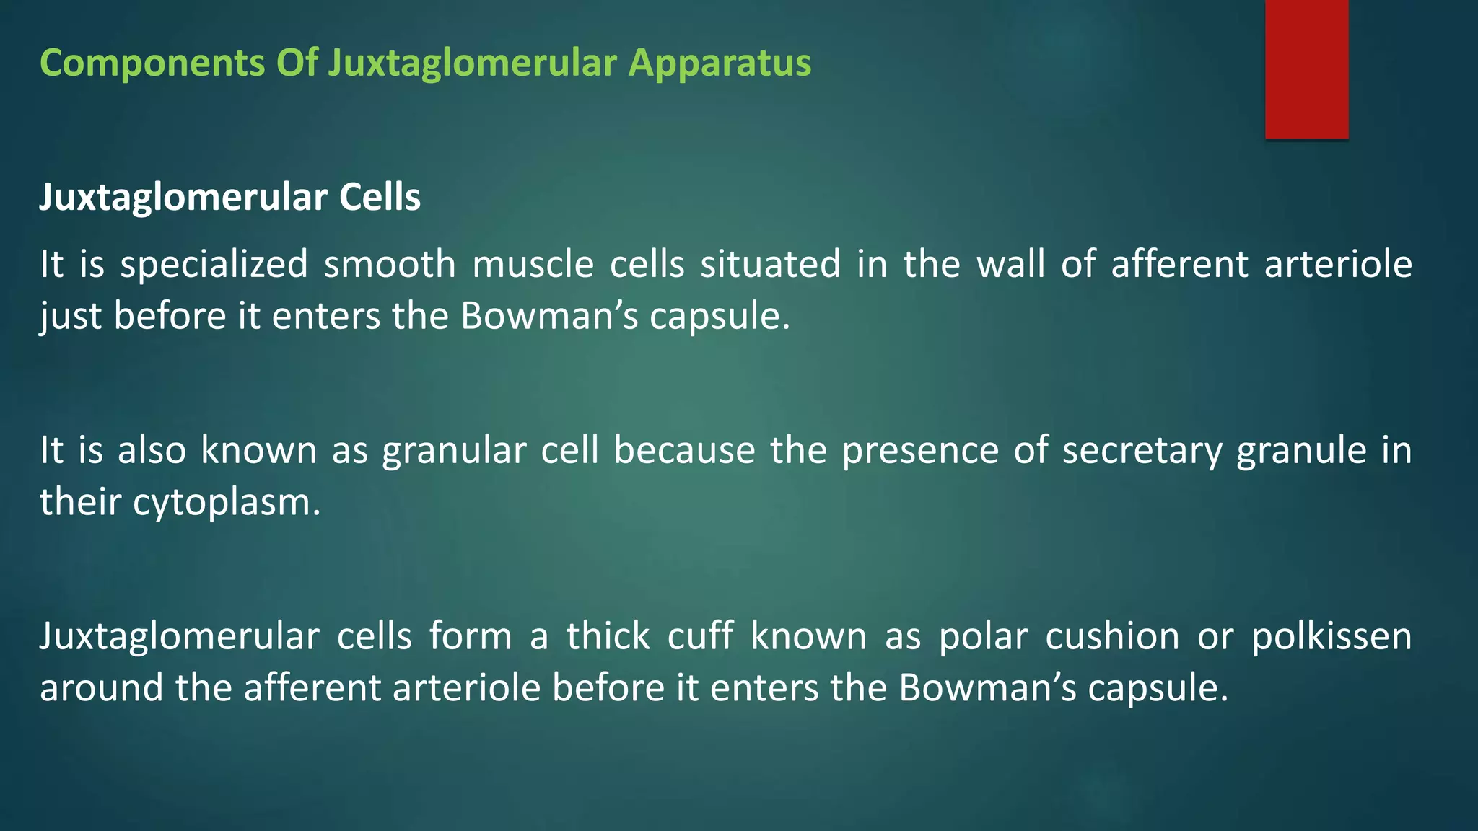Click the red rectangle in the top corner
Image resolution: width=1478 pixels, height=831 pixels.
coord(1306,69)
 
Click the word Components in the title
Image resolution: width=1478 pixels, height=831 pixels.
coord(152,63)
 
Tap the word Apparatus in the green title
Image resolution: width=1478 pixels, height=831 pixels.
coord(720,63)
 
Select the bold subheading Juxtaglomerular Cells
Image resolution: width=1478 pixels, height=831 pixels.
coord(229,197)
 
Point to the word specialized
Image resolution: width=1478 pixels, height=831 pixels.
coord(214,264)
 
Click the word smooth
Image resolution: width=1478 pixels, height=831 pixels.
coord(390,264)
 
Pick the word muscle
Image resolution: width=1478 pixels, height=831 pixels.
coord(533,264)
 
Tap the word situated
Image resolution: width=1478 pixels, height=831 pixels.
coord(770,264)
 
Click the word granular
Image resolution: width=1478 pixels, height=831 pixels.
coord(454,451)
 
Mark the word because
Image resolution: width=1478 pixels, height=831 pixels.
coord(684,451)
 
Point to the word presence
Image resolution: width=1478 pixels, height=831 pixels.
coord(920,451)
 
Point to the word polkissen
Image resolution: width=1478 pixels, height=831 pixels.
coord(1331,636)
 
